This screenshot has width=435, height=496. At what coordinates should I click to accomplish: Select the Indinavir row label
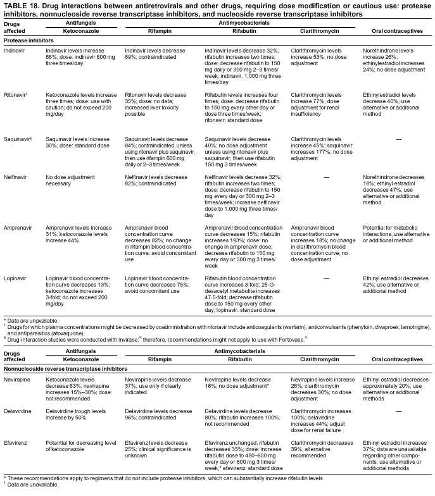point(15,49)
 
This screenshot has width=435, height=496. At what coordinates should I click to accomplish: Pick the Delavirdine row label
point(18,411)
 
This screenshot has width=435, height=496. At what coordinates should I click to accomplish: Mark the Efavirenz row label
point(15,443)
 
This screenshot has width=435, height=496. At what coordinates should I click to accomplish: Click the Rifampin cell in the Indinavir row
point(156,53)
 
